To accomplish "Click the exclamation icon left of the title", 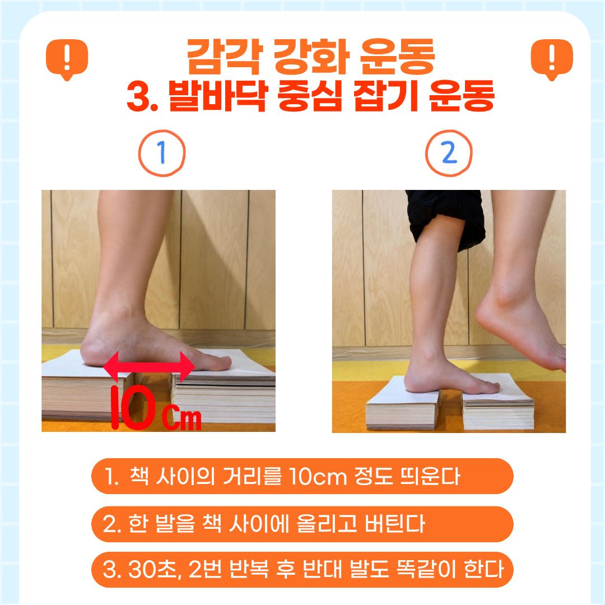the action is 67,59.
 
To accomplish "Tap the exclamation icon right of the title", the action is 552,59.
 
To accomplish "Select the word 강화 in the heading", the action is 311,57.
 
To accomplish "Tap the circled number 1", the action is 162,153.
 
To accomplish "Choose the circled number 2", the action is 449,153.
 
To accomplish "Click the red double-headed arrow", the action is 149,366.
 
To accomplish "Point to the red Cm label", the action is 182,418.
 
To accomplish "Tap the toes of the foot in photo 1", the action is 218,362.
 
